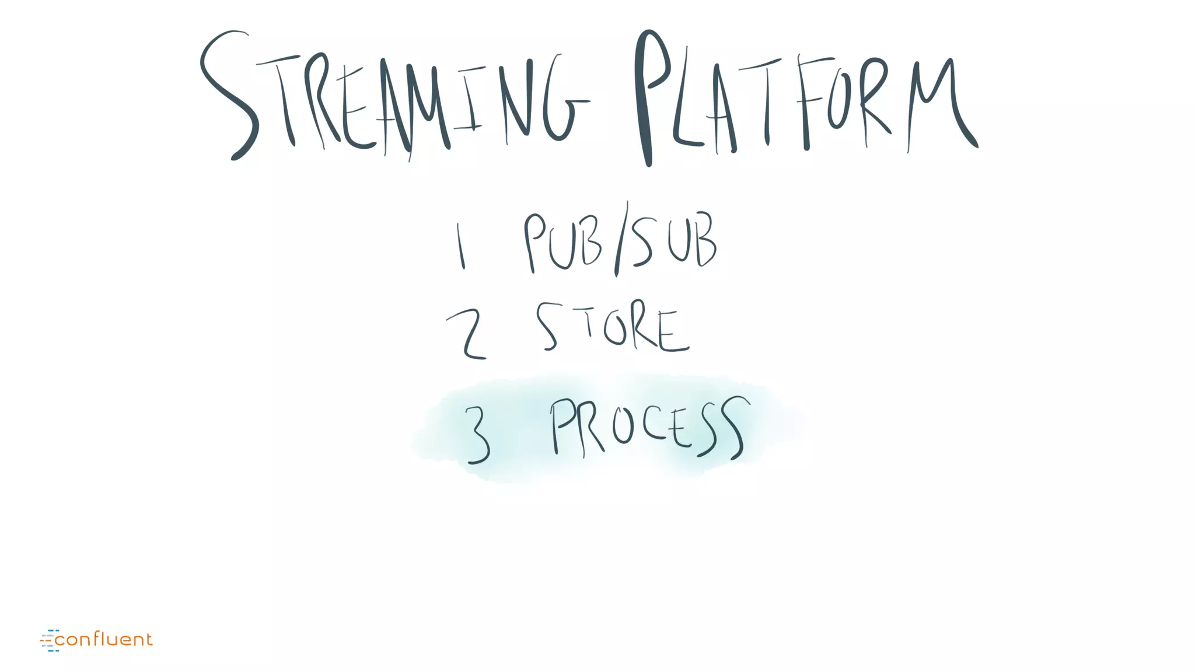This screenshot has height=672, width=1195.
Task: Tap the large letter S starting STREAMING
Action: pos(229,96)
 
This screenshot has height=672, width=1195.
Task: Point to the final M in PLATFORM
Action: pos(939,105)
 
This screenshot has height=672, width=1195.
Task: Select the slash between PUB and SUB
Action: pos(621,239)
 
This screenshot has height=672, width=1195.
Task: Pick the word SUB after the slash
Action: pos(674,240)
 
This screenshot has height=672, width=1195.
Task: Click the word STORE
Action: pos(613,328)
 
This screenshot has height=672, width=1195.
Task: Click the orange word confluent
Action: pos(104,640)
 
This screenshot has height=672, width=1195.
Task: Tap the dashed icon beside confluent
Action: pos(50,640)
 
